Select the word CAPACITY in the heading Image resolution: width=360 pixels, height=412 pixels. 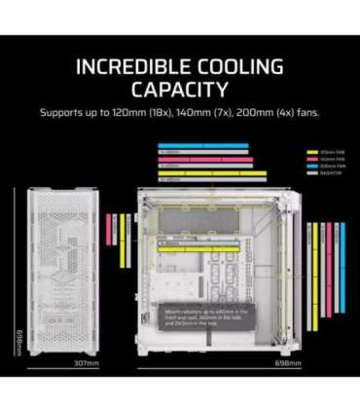[180, 90]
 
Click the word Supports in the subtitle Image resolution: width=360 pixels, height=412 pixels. [63, 112]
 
